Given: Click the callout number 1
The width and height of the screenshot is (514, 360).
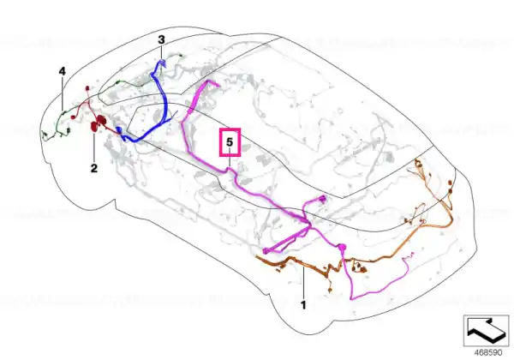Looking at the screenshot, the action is [303, 305].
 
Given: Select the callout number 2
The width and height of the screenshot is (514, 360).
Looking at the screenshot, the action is [94, 169].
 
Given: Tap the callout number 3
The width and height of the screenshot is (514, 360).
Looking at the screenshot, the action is [161, 40].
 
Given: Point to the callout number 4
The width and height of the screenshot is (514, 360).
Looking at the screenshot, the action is [63, 71].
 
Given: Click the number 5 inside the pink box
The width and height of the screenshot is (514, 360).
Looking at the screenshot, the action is [230, 142].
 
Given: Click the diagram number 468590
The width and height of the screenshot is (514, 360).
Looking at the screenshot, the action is [488, 353].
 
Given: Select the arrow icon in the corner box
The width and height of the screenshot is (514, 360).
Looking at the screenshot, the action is [486, 331].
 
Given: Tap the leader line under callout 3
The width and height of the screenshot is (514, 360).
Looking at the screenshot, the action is [162, 53].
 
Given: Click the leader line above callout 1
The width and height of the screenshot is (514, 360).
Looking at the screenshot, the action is [304, 283].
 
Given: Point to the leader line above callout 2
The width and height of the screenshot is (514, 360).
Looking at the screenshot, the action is [94, 147].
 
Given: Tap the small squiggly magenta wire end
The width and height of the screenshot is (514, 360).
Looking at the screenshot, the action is [409, 255].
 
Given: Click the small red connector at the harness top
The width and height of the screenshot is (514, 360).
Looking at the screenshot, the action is [87, 88].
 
